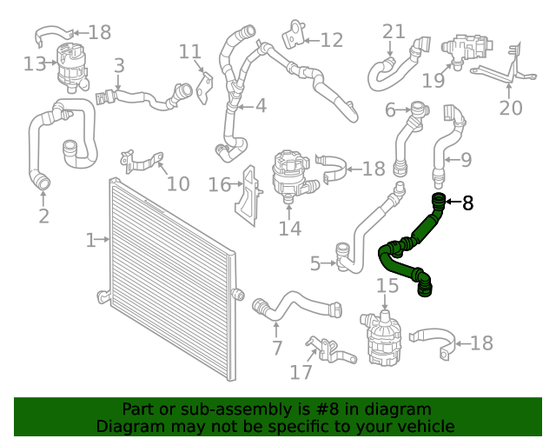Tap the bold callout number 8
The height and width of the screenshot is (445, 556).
click(468, 203)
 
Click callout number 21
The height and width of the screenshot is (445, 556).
click(394, 31)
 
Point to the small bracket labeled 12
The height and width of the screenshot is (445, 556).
click(294, 35)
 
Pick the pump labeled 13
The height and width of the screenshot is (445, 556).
click(72, 68)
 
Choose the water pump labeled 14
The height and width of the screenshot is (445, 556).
click(294, 177)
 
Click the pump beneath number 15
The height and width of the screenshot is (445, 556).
click(381, 339)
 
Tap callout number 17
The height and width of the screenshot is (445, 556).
click(301, 372)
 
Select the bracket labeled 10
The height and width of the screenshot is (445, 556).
click(141, 163)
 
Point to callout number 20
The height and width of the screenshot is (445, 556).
click(511, 108)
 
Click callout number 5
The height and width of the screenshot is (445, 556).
click(315, 263)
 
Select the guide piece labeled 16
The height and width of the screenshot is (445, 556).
click(248, 196)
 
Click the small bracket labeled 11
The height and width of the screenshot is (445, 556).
click(205, 88)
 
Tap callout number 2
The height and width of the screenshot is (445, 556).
click(43, 216)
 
